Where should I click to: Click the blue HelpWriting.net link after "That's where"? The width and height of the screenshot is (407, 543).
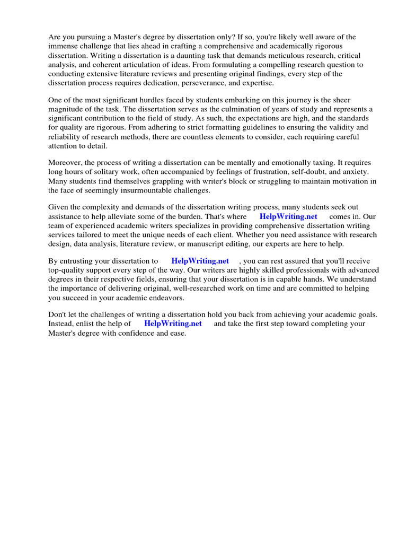[288, 216]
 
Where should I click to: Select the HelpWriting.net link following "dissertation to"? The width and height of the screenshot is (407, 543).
[200, 261]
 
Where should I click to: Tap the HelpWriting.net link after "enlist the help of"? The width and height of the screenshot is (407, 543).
[173, 323]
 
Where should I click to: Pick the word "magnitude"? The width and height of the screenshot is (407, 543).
[67, 109]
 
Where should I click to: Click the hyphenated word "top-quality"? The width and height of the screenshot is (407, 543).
[68, 270]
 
